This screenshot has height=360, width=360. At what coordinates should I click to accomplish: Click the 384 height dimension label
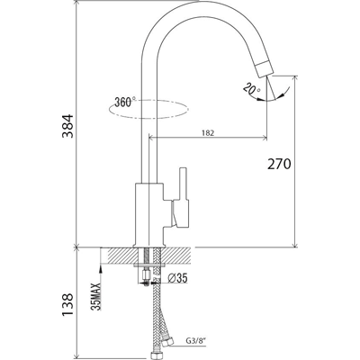point(67,126)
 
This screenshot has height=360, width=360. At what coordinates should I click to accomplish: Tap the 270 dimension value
point(279,164)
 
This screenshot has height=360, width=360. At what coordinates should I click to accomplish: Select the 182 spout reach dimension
point(208,133)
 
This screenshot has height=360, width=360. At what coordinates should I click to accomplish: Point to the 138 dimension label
point(67,304)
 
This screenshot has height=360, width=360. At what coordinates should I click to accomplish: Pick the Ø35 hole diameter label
point(177,278)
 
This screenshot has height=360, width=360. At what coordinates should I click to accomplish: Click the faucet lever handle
point(182,197)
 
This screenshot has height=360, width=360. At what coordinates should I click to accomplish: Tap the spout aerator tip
point(265,69)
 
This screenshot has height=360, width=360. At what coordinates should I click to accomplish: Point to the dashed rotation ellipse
point(148,118)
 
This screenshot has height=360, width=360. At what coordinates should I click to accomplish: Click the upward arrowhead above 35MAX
point(101,269)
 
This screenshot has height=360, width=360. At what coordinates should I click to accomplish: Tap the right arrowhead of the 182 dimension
point(265,138)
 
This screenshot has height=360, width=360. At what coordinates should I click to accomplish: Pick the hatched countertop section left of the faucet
point(118,256)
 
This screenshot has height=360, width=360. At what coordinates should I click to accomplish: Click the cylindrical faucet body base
point(149,215)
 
